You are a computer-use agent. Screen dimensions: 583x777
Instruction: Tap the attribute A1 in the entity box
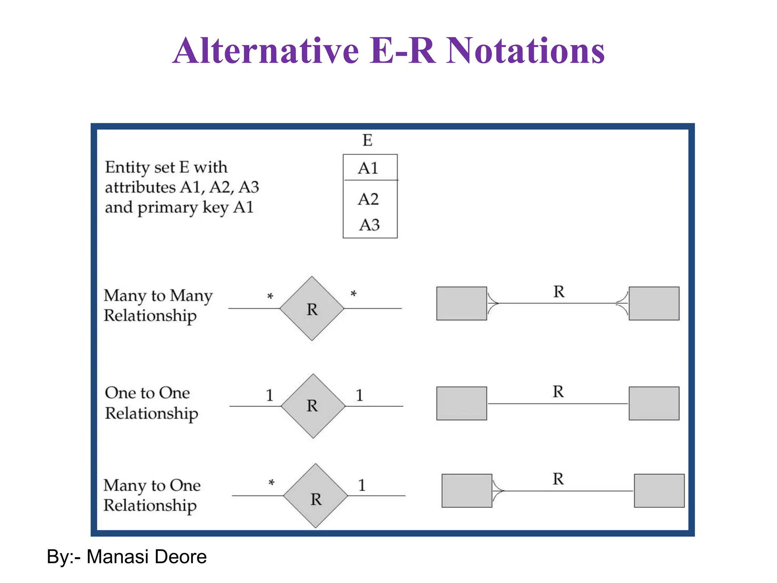click(368, 168)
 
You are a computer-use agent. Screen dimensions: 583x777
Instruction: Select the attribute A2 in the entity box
click(368, 199)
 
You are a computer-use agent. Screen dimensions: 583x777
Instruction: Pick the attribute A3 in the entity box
click(369, 225)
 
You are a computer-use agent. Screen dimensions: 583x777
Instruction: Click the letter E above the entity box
click(367, 140)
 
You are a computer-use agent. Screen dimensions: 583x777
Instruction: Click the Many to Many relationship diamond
click(312, 309)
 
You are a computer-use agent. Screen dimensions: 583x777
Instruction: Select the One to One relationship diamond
click(313, 406)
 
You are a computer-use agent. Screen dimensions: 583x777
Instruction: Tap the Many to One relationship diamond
click(316, 496)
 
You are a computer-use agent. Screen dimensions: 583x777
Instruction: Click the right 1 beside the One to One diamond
click(359, 395)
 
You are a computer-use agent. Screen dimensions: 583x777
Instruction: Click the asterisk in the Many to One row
click(271, 483)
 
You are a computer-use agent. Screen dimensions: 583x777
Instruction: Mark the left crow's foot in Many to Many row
click(493, 303)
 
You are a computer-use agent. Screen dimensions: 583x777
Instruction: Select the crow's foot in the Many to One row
click(498, 491)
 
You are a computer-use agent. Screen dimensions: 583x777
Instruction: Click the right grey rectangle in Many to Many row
click(654, 303)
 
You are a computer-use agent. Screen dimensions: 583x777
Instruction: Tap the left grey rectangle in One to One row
click(461, 403)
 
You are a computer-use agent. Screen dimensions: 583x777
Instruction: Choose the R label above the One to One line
click(558, 392)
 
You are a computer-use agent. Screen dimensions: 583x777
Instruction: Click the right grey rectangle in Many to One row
click(659, 490)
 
